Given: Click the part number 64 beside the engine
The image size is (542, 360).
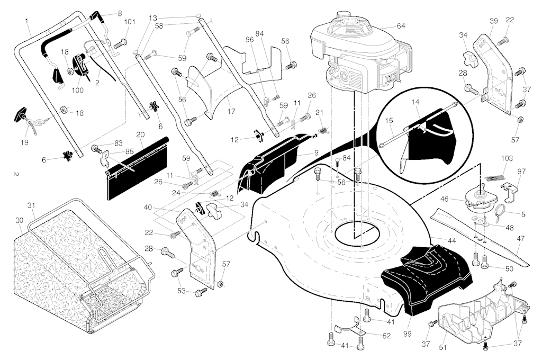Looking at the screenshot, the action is [x=401, y=26].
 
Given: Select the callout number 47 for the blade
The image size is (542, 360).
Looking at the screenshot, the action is [x=521, y=238].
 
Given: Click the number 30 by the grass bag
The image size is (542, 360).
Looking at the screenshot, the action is [x=20, y=220].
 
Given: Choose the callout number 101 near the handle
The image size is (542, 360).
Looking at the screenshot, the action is [x=130, y=22].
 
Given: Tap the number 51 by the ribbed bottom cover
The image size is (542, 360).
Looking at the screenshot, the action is [x=443, y=347].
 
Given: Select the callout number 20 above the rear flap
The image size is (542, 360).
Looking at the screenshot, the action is [x=140, y=134].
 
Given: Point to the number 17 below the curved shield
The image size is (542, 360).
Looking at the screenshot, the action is [x=231, y=111].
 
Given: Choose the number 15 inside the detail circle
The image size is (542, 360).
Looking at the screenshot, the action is [x=389, y=120].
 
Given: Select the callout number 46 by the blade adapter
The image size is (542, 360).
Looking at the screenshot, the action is [x=444, y=199].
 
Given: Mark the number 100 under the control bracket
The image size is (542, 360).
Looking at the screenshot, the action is [x=78, y=90].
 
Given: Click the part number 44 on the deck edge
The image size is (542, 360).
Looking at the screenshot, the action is [x=452, y=241].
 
